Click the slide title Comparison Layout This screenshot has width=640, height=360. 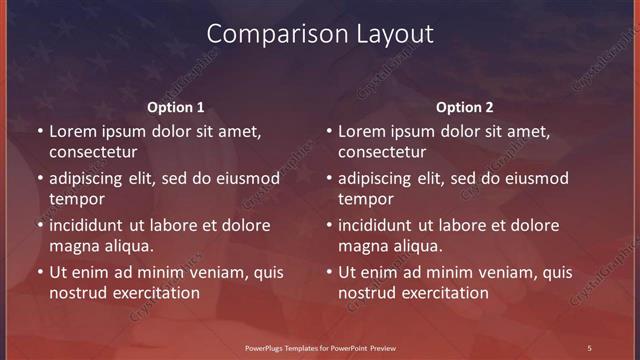[x=320, y=33]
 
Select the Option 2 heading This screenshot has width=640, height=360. [x=464, y=107]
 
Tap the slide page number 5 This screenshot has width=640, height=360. [x=589, y=347]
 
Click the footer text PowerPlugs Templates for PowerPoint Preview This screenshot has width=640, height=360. [x=321, y=347]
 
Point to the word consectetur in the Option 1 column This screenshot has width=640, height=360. [x=93, y=152]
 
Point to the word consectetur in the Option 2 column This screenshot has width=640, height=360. [x=382, y=152]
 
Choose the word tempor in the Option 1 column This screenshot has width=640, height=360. [x=74, y=199]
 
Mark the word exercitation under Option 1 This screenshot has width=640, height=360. [x=155, y=293]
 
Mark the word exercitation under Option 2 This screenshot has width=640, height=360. [x=444, y=293]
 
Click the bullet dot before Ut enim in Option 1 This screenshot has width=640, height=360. [x=40, y=272]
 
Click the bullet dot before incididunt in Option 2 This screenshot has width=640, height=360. [x=329, y=225]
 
